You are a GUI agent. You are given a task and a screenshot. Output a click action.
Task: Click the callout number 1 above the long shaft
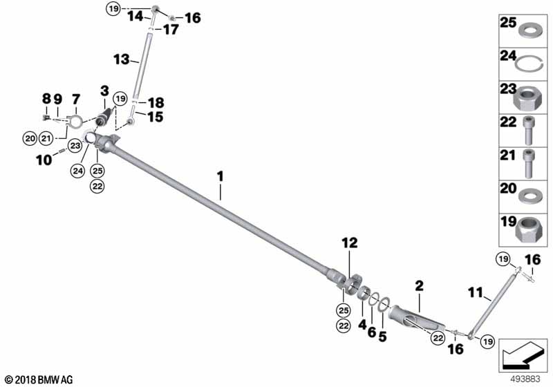pos(221,176)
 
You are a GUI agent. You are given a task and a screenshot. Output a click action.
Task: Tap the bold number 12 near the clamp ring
pos(349,243)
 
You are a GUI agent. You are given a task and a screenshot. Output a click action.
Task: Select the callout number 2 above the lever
pos(419,285)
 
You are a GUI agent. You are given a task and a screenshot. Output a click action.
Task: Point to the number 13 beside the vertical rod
pos(122,59)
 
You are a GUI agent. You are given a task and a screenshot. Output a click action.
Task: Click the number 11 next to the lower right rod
pos(476,292)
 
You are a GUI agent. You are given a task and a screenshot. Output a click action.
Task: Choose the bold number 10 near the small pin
pos(44,160)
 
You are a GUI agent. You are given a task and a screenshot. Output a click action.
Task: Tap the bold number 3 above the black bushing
pos(105,91)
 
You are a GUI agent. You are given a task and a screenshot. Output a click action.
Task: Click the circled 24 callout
pos(77,171)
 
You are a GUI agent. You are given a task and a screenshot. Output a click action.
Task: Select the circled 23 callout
pos(75,146)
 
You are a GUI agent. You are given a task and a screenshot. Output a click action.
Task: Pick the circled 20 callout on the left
pos(30,138)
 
